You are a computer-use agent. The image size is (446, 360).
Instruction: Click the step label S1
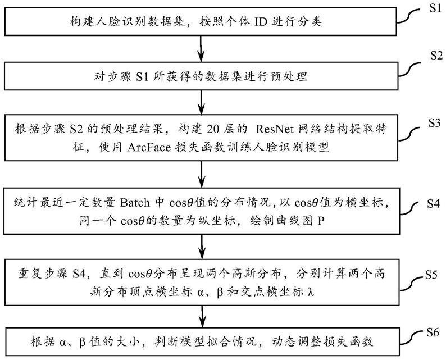click(435, 8)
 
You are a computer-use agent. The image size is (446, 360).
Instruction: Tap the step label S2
click(436, 56)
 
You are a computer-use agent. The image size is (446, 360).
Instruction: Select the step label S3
click(434, 123)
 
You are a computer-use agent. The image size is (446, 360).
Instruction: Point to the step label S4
click(433, 204)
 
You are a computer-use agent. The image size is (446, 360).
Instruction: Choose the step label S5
click(431, 275)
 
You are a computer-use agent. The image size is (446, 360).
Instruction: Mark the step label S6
click(433, 332)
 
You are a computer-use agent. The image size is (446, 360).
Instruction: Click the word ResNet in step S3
click(275, 129)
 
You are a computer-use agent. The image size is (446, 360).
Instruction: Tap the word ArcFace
click(149, 147)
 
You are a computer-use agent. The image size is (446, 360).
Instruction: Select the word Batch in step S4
click(135, 202)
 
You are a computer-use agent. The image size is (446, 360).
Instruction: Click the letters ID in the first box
click(261, 22)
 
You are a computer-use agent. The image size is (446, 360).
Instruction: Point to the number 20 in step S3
click(213, 129)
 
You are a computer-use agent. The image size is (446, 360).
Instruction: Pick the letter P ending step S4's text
click(321, 221)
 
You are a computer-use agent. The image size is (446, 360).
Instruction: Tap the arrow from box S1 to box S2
click(202, 48)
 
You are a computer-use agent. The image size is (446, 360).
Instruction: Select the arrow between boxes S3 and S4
click(202, 174)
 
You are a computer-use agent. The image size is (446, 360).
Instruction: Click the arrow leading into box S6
click(202, 317)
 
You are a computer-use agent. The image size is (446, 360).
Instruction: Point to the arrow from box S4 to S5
click(202, 247)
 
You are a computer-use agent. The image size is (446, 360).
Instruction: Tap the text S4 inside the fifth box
click(79, 274)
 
